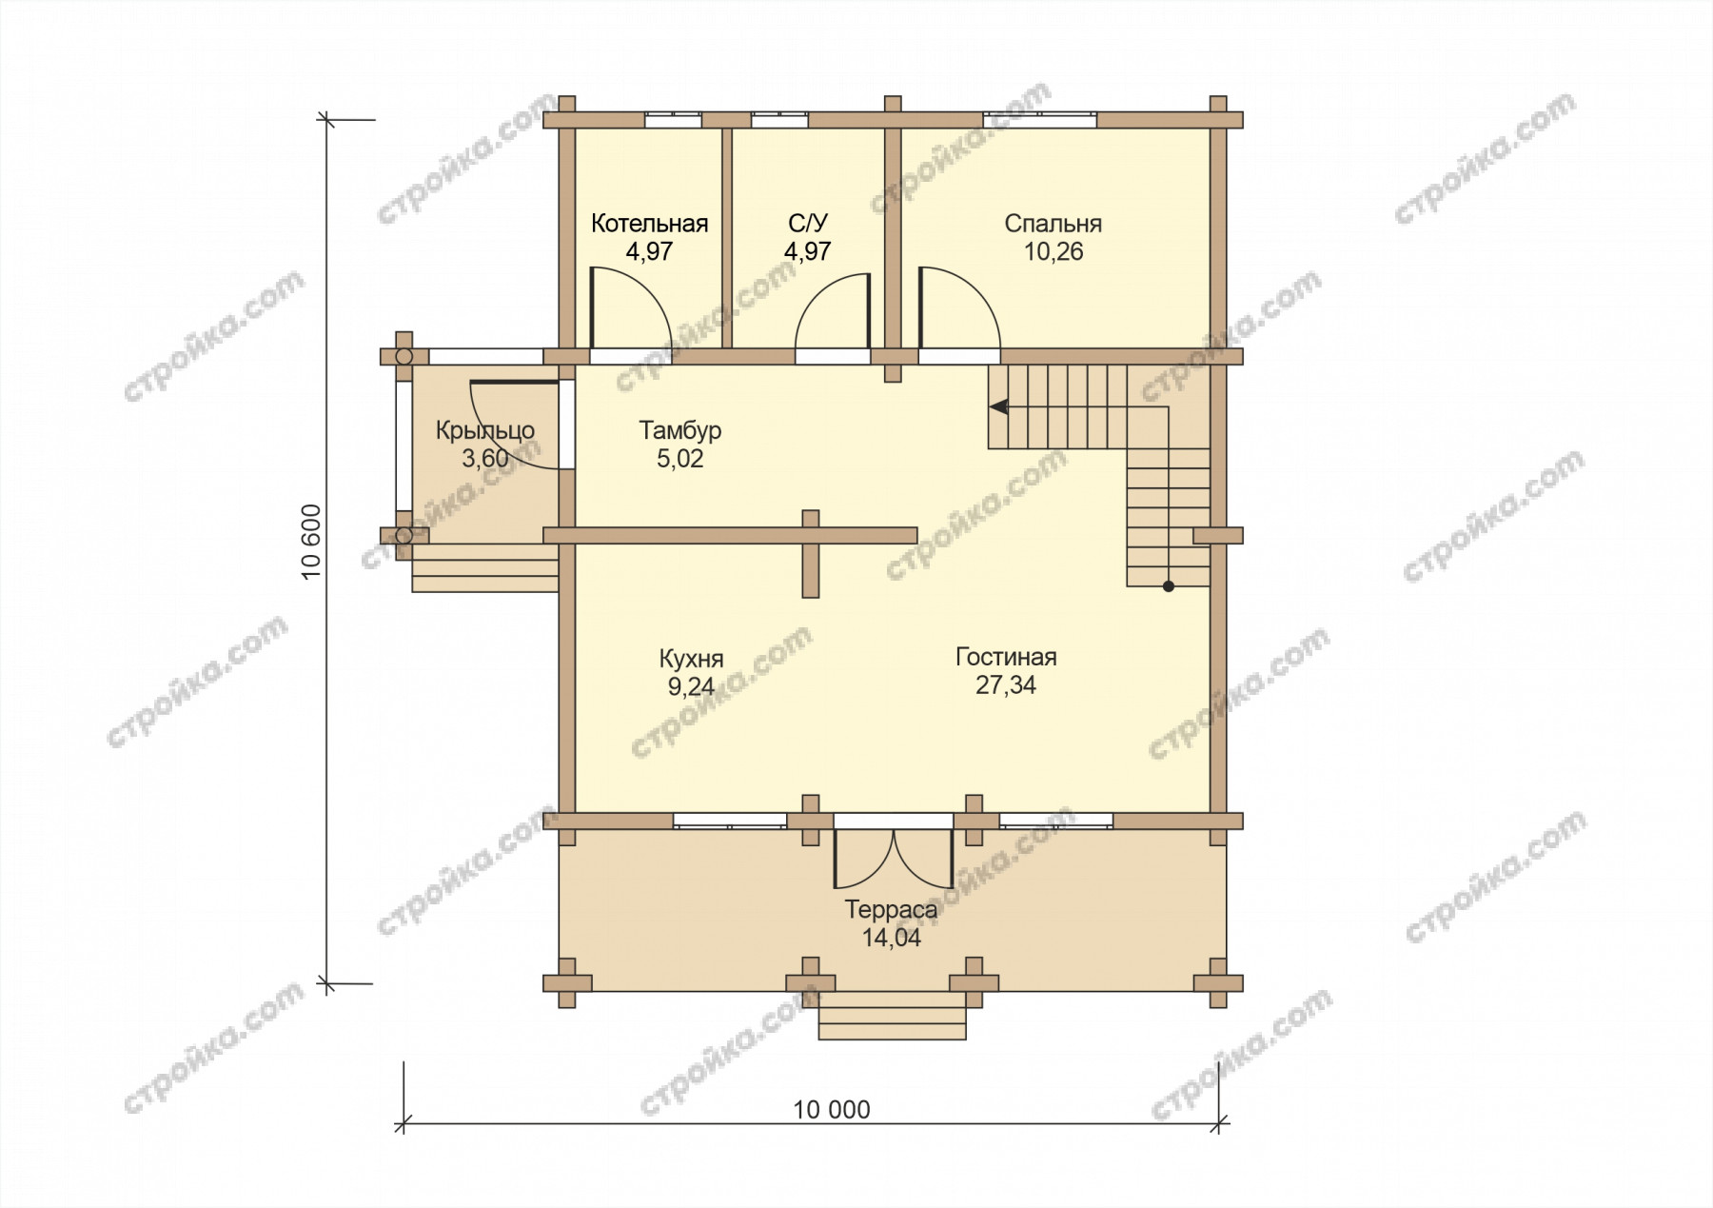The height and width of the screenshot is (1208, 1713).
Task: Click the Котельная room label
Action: point(649,224)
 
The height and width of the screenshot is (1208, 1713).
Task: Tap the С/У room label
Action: point(808,224)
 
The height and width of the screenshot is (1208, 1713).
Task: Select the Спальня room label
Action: point(1053,225)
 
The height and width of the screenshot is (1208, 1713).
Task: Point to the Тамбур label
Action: point(680,431)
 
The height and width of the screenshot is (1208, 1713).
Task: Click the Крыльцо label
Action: point(485,431)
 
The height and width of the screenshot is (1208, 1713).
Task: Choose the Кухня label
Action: point(691,659)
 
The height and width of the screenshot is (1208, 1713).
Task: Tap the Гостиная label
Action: point(1006,658)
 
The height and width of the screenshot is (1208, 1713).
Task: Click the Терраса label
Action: point(892,910)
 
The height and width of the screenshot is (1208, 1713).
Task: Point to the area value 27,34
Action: point(1006,685)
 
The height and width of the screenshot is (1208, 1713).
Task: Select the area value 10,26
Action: point(1053,252)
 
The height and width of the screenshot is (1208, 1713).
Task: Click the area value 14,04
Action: point(892,938)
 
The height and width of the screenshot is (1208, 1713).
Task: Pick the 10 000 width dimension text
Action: point(832,1110)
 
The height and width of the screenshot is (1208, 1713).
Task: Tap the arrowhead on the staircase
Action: point(998,406)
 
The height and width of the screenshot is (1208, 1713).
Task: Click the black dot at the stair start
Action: point(1169,587)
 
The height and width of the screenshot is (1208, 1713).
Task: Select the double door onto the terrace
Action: point(894,855)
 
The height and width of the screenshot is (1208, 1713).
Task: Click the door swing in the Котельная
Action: point(630,307)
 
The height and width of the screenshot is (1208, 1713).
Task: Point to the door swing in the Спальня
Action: point(959,307)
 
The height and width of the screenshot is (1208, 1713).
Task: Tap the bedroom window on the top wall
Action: point(1039,120)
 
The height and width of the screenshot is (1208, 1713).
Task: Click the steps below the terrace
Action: point(893,1015)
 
